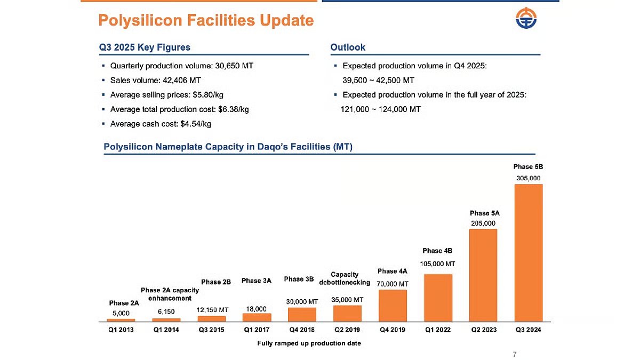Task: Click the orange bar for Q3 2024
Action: (528, 252)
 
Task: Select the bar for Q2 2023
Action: (483, 275)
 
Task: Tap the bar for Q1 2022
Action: (438, 298)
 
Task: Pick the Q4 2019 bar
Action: (393, 305)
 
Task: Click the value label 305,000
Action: (528, 178)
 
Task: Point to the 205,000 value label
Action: (483, 223)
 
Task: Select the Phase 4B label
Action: (437, 251)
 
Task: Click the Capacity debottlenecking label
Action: (345, 278)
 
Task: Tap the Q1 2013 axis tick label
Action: (121, 330)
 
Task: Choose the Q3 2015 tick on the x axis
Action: (212, 330)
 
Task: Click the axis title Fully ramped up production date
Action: (309, 343)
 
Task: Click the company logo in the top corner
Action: (526, 20)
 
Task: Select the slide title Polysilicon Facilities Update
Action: (206, 20)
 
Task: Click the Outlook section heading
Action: (348, 47)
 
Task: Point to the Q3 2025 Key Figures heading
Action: (145, 47)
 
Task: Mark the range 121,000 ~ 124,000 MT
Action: (381, 109)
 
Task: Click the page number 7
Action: (514, 354)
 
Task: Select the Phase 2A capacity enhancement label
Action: (170, 294)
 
